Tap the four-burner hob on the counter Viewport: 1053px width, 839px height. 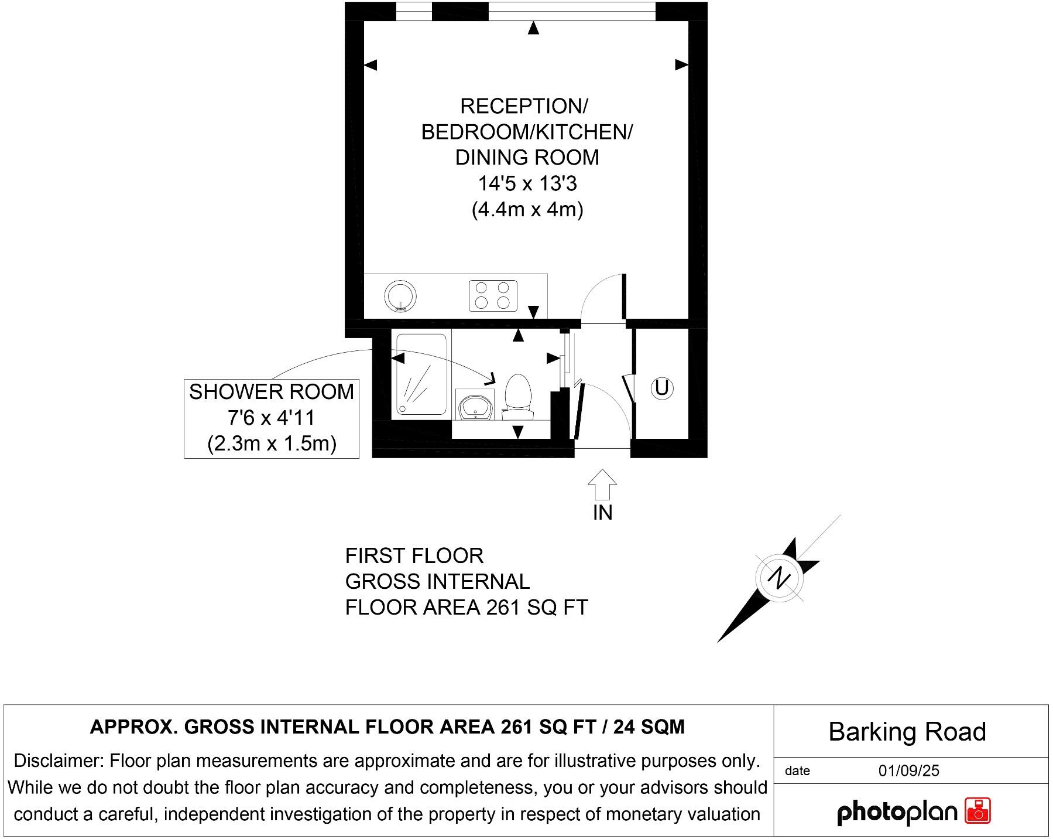(x=493, y=295)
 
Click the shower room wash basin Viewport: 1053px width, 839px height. (x=475, y=406)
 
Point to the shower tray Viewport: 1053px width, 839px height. (x=421, y=375)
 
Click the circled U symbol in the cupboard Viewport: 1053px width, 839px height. (x=662, y=388)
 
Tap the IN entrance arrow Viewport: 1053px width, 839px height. (x=602, y=485)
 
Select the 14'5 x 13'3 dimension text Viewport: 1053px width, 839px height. (x=527, y=184)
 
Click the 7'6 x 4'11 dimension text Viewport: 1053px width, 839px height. (x=271, y=418)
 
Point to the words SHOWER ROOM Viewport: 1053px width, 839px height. (x=271, y=392)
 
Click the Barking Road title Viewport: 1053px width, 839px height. (x=907, y=732)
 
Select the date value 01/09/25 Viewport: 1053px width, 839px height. (x=908, y=770)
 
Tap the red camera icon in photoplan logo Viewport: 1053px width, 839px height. (x=978, y=811)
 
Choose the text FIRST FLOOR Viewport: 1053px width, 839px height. (x=414, y=555)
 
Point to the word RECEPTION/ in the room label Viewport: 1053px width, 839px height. (x=524, y=107)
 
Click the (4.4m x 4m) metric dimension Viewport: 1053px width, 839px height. (x=527, y=210)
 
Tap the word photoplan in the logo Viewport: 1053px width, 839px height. (x=897, y=813)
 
